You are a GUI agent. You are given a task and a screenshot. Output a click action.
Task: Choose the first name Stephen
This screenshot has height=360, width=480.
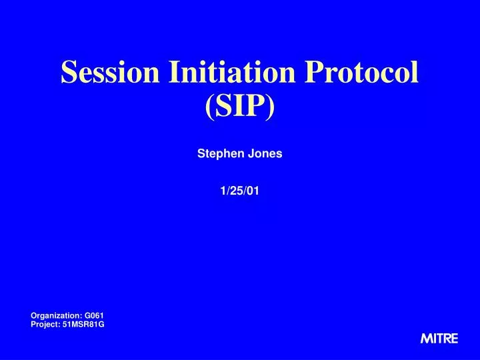tap(217, 154)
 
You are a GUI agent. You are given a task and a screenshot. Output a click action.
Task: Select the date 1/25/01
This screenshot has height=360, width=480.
tap(240, 191)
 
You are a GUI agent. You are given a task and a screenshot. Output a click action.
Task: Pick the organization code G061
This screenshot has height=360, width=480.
tap(94, 315)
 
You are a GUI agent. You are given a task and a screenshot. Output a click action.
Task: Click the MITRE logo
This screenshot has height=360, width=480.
tap(439, 339)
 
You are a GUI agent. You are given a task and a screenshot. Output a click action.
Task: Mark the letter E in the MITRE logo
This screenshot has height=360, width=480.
tap(454, 339)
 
